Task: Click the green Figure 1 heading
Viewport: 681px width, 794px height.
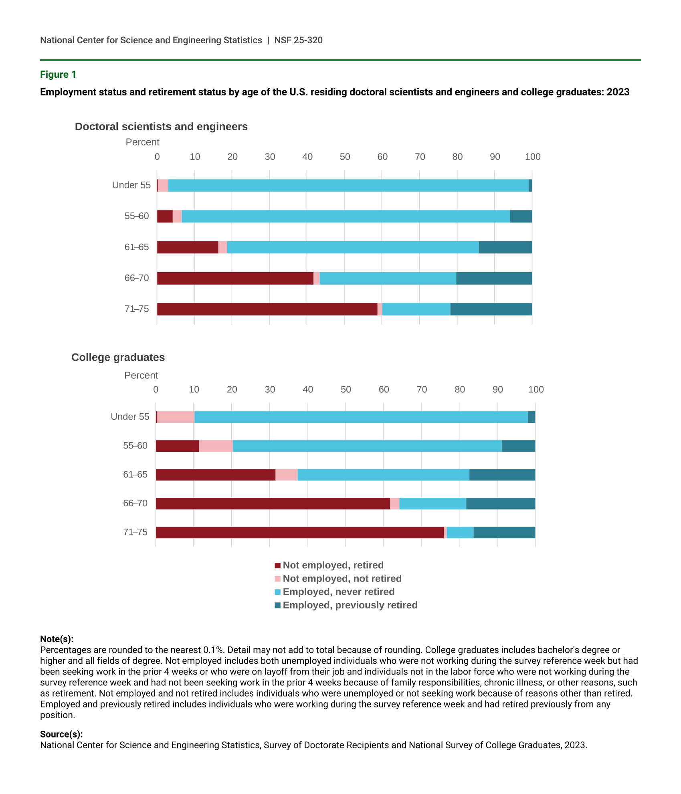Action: tap(58, 75)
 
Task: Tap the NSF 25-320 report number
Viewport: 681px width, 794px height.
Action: tap(298, 40)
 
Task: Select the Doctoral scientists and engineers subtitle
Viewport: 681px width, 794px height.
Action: tap(161, 127)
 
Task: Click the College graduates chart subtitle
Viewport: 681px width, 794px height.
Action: tap(118, 358)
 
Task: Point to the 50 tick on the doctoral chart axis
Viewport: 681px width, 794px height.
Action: tap(345, 157)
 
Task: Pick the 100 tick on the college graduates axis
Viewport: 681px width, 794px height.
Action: tap(536, 390)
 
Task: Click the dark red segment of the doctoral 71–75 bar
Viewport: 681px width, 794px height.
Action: tap(267, 309)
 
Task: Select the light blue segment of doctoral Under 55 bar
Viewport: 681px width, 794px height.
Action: tap(348, 186)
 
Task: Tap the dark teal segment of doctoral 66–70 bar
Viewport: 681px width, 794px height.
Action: tap(494, 279)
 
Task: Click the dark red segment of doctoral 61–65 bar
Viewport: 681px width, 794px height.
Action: tap(188, 247)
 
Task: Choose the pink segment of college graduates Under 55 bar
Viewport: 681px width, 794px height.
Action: tap(176, 417)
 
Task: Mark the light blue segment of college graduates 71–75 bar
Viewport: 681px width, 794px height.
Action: tap(460, 533)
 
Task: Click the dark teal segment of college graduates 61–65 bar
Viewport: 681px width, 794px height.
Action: tap(502, 475)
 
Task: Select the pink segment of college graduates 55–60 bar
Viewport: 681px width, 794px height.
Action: tap(216, 446)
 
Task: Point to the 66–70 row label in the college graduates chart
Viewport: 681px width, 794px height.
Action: tap(135, 503)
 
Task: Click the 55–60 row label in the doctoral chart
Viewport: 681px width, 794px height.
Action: tap(136, 216)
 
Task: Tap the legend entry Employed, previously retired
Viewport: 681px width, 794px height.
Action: tap(350, 605)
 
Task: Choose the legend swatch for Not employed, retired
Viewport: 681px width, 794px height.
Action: tap(277, 566)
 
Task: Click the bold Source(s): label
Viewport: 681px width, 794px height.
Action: tap(61, 734)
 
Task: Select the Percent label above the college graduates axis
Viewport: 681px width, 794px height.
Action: tap(141, 376)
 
